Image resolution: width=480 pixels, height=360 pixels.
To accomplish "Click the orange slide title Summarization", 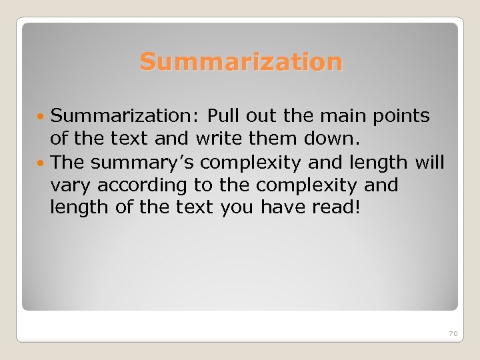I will click(241, 62).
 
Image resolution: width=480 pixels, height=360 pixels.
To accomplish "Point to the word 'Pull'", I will click(224, 116).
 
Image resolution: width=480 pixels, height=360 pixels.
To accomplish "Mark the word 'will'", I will click(447, 161).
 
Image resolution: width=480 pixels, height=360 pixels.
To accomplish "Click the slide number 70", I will click(453, 333).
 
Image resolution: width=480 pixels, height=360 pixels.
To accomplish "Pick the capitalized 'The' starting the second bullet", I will click(68, 161).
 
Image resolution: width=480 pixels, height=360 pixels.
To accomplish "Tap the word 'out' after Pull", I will click(263, 116).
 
